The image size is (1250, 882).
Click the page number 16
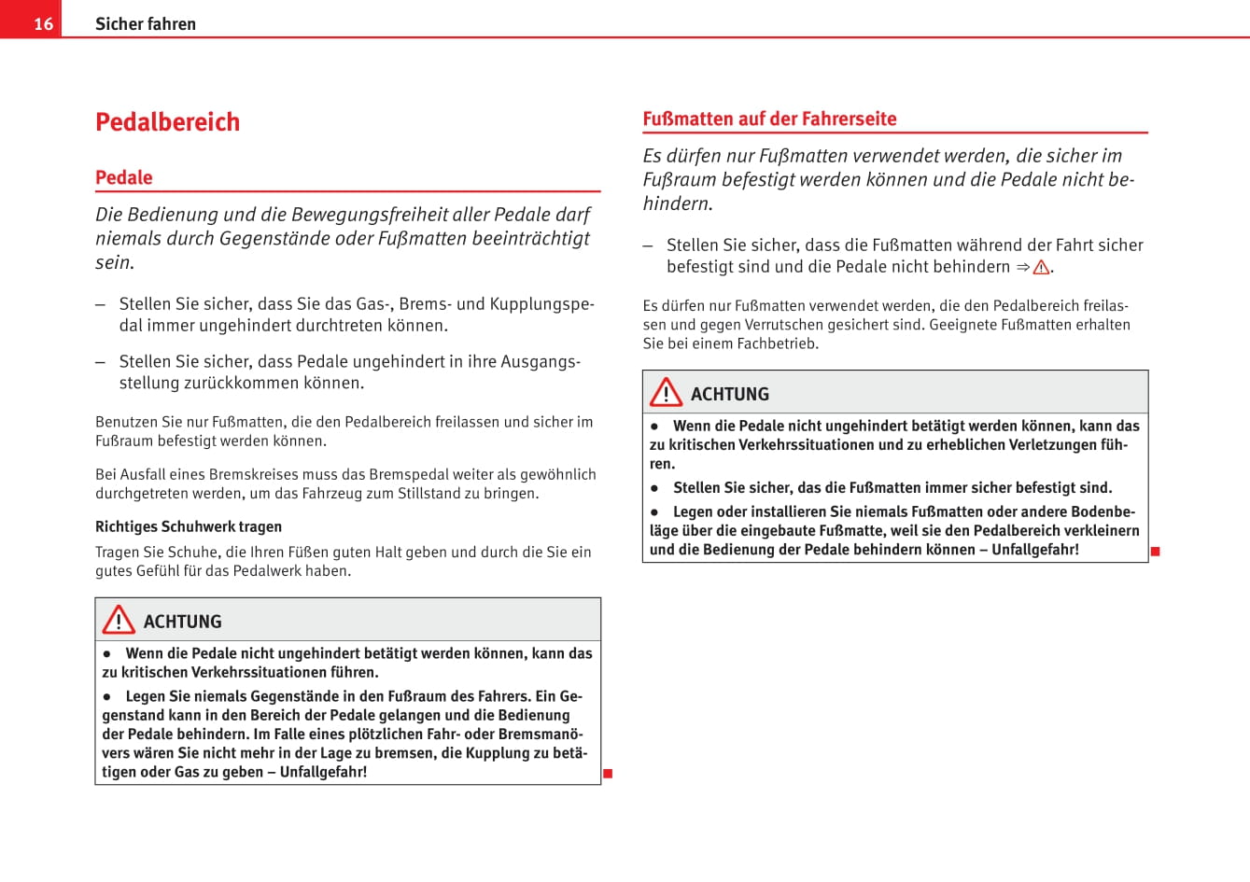(44, 24)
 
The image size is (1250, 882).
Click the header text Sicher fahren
(146, 24)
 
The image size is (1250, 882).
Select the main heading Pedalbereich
(168, 122)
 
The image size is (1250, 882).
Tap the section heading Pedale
(124, 177)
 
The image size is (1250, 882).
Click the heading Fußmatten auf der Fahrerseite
(769, 119)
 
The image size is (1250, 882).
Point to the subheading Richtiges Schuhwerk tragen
(189, 526)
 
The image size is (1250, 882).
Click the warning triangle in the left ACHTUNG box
(119, 621)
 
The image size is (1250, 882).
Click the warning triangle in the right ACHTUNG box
(666, 393)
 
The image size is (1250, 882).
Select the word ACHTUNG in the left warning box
(183, 622)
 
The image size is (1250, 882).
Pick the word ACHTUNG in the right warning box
(730, 394)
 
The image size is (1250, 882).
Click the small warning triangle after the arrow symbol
(1041, 268)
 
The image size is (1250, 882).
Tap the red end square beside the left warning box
(608, 773)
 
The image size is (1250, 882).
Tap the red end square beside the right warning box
(1155, 552)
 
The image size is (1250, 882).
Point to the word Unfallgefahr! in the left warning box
(323, 772)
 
